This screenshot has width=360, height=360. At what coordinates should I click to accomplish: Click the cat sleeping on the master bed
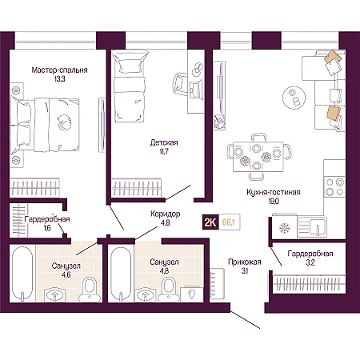(64, 122)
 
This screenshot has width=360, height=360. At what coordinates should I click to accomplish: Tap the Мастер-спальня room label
(59, 70)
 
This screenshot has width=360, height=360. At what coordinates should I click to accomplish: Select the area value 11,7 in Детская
(164, 151)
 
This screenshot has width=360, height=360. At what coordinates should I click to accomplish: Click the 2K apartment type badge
(210, 222)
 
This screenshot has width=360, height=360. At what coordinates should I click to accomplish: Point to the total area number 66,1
(229, 222)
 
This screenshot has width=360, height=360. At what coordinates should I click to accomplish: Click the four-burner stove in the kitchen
(334, 187)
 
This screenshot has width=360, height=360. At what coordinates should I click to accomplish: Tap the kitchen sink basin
(313, 227)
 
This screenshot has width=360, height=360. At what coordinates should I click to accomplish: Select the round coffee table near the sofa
(294, 97)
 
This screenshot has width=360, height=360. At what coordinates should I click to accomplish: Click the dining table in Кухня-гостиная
(258, 157)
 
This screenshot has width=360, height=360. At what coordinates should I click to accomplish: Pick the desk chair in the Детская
(181, 83)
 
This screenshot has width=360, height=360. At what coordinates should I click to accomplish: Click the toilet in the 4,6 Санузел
(90, 290)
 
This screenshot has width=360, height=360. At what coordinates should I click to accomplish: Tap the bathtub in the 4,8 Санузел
(121, 274)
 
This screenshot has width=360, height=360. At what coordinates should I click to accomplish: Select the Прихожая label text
(245, 262)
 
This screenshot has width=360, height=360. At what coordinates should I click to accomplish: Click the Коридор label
(165, 214)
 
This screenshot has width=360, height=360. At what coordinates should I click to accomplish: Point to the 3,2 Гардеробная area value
(310, 262)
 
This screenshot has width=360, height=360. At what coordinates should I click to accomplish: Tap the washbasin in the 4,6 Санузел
(55, 295)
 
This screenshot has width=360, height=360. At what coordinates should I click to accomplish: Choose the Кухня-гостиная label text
(274, 192)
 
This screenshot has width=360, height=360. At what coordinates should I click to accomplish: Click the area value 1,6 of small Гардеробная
(47, 228)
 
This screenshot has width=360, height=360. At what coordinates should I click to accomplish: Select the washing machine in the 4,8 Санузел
(190, 294)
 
